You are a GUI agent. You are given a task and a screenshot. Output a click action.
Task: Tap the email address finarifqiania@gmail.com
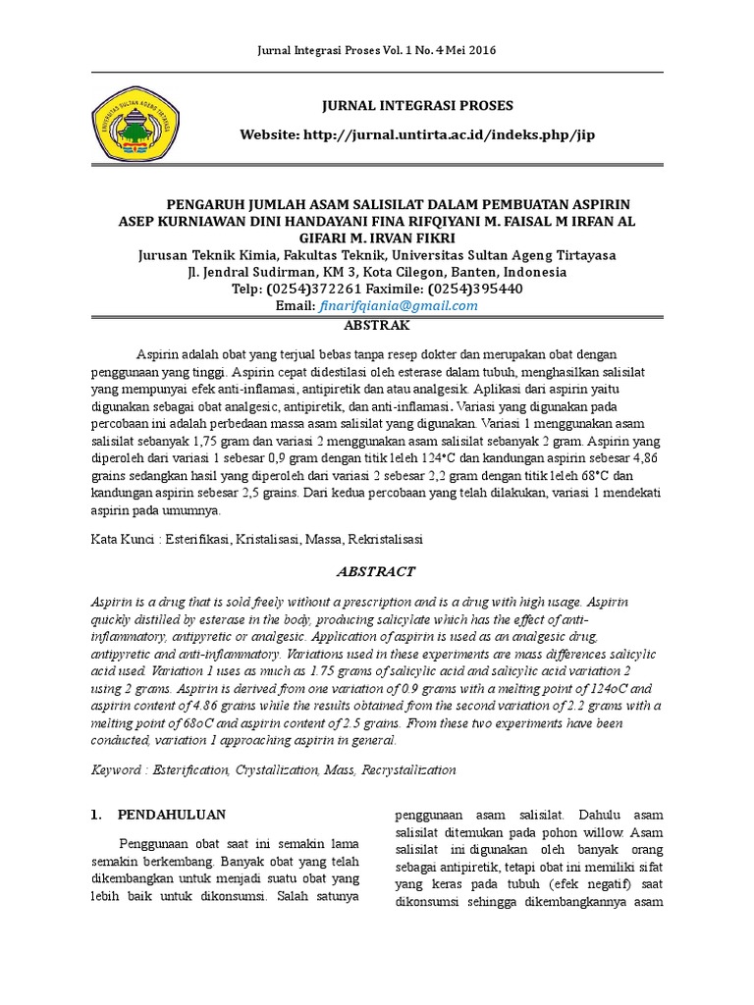399,305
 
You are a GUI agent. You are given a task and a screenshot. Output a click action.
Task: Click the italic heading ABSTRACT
377,571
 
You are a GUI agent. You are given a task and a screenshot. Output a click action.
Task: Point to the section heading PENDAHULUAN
172,815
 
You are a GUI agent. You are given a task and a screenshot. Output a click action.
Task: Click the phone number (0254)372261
311,289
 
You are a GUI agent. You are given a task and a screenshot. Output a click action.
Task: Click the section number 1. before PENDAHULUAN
96,815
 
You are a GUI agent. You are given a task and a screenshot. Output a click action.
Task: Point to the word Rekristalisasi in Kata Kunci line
384,539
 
